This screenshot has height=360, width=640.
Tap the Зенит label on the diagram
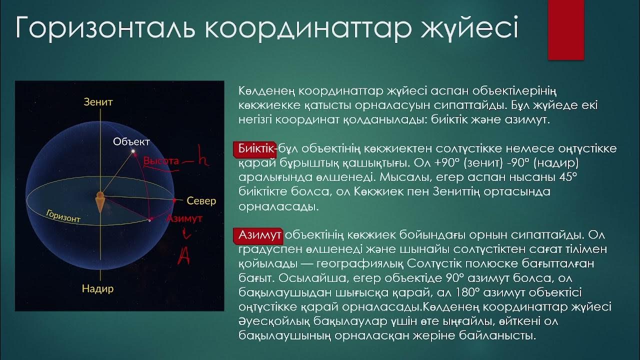pyautogui.click(x=98, y=102)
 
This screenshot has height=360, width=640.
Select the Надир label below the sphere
pyautogui.click(x=98, y=288)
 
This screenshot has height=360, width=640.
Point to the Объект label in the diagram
pyautogui.click(x=131, y=141)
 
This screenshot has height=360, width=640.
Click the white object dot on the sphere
pyautogui.click(x=133, y=151)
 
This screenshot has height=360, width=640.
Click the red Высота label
pyautogui.click(x=160, y=161)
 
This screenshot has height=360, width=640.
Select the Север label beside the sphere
pyautogui.click(x=201, y=201)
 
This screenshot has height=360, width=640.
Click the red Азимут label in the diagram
pyautogui.click(x=184, y=218)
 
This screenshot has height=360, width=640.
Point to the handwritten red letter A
pyautogui.click(x=183, y=255)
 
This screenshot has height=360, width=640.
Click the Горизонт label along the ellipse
pyautogui.click(x=63, y=216)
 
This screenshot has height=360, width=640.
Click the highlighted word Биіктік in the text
pyautogui.click(x=255, y=149)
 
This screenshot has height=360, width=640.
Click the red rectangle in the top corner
pyautogui.click(x=566, y=29)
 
